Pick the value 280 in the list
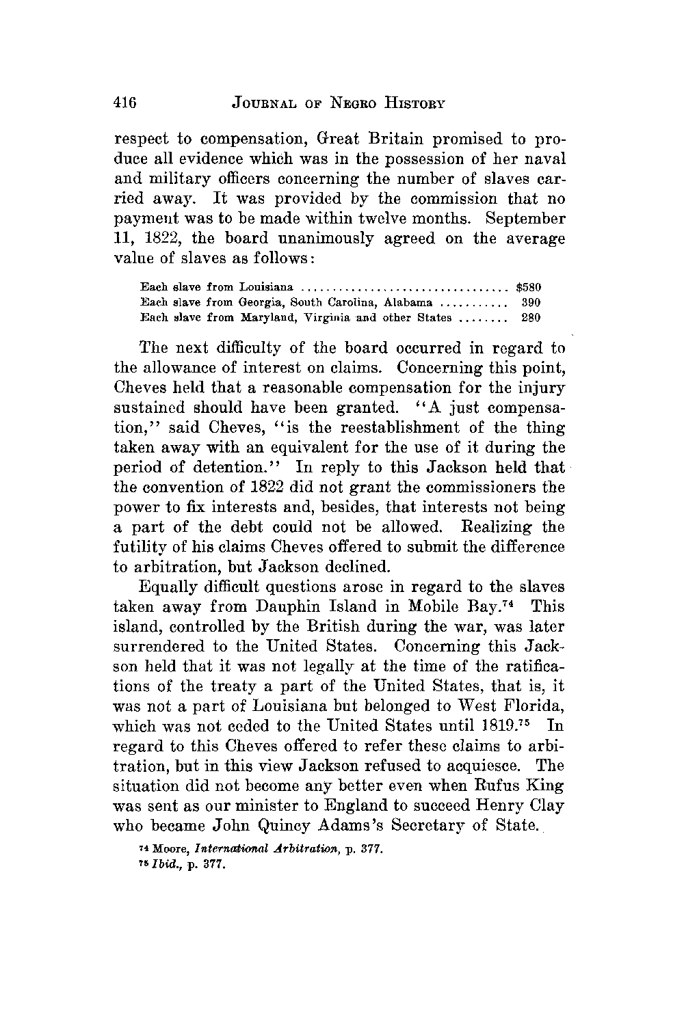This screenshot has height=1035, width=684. click(531, 317)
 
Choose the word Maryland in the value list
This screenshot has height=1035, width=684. click(265, 317)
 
